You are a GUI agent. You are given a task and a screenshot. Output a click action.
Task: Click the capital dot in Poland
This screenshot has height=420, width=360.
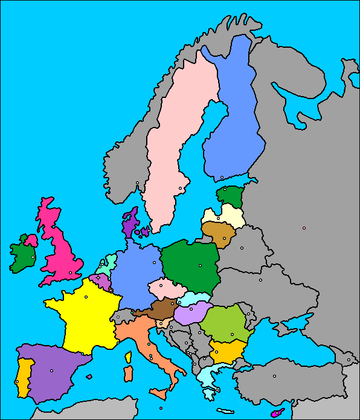click(x=199, y=265)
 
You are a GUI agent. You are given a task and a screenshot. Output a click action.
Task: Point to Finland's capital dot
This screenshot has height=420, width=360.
click(x=222, y=177)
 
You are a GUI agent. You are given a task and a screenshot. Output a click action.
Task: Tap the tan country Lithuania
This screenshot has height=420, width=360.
click(x=217, y=233)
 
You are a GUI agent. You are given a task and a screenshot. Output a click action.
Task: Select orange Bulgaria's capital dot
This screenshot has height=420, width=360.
click(x=216, y=351)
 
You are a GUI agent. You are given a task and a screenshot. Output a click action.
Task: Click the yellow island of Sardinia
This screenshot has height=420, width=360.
click(x=128, y=373)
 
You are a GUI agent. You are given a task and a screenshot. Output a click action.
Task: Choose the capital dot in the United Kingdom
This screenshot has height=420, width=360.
click(x=70, y=273)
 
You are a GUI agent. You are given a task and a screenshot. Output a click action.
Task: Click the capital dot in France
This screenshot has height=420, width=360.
click(x=86, y=297)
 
